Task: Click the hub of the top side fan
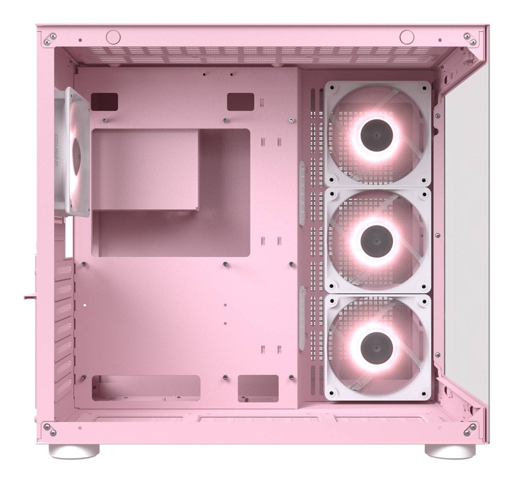coord(377,134)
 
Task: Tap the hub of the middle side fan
coord(377,241)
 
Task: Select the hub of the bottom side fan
coord(377,347)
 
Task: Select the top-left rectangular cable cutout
coord(103,101)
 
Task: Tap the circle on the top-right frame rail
coord(405,36)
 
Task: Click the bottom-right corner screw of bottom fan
coord(422,393)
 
